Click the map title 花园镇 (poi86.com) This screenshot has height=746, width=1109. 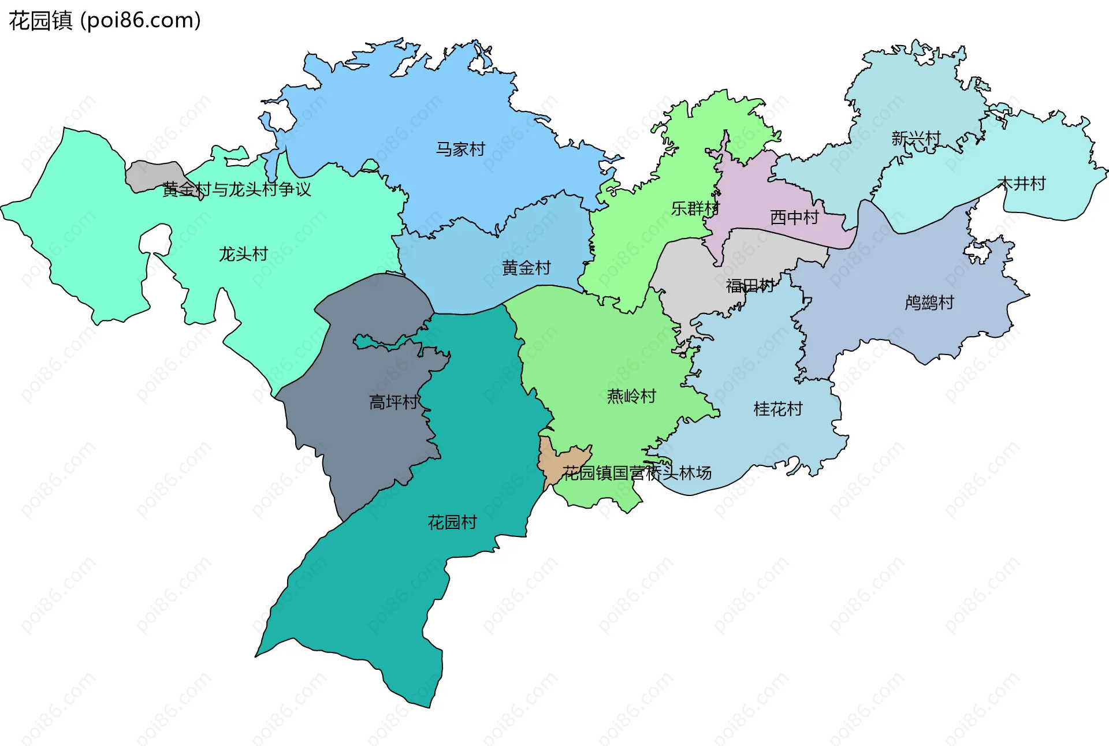(105, 21)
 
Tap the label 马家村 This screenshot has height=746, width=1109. (460, 150)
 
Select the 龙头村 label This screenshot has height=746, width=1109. (243, 254)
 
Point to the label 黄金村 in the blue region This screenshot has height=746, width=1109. (526, 268)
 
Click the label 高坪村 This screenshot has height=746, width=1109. (393, 402)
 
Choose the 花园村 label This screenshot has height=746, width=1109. (452, 523)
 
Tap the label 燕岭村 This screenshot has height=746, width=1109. (631, 396)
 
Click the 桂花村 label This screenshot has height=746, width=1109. (778, 409)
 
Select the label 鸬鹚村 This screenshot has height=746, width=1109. (929, 303)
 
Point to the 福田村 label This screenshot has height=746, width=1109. (750, 286)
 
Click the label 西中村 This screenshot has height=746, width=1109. (794, 218)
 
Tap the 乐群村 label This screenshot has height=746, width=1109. (695, 208)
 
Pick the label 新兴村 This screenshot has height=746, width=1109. (916, 139)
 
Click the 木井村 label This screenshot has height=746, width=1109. (1022, 184)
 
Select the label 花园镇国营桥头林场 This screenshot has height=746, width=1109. (637, 473)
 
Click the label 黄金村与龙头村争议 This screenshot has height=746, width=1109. (236, 189)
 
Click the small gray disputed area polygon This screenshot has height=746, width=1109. (151, 176)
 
